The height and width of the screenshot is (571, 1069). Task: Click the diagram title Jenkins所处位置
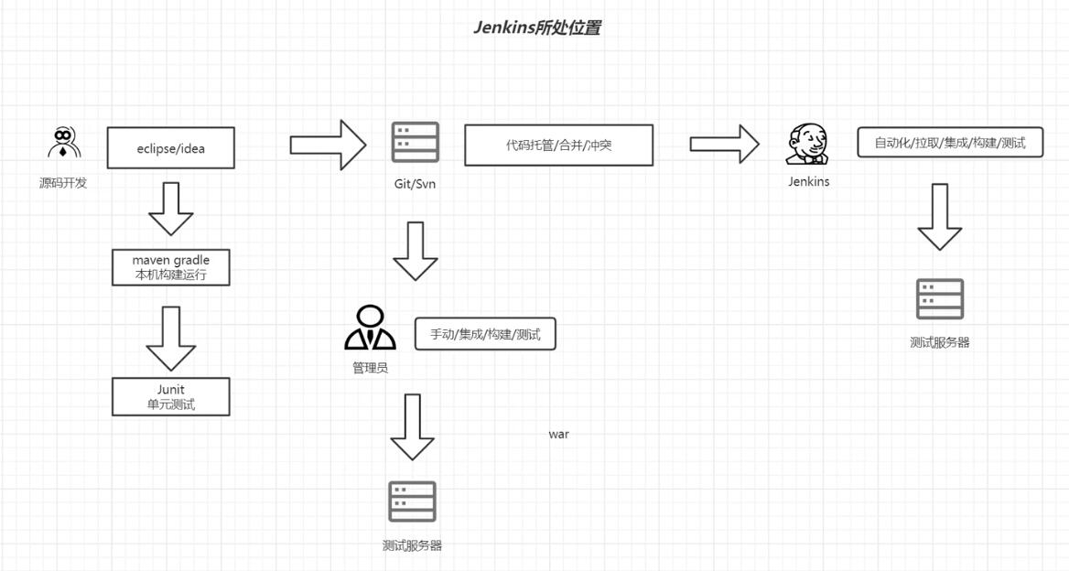click(536, 27)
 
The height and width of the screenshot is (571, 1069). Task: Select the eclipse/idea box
click(171, 148)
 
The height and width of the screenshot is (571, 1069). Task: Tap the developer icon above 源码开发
click(63, 143)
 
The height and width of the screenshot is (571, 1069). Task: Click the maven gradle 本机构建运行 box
click(171, 267)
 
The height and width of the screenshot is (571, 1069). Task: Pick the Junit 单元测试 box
click(171, 396)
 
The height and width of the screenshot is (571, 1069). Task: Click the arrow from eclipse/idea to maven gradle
click(171, 209)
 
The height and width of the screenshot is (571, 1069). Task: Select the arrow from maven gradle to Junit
click(171, 338)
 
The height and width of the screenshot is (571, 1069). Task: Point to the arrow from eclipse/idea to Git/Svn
click(328, 145)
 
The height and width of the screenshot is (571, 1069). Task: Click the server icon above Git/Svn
click(415, 143)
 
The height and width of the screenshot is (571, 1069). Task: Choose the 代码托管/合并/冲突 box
click(559, 145)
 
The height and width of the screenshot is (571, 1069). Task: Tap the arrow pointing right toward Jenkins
click(724, 144)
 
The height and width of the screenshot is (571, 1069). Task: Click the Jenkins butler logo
click(807, 145)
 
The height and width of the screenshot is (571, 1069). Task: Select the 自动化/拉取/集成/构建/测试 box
click(950, 143)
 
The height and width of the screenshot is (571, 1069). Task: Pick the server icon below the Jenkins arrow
click(940, 299)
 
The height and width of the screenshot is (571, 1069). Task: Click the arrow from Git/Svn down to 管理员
click(416, 251)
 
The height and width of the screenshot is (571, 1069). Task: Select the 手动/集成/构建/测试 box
click(485, 334)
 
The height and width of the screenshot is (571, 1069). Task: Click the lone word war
click(558, 434)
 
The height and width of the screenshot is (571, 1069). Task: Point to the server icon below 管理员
click(412, 501)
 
